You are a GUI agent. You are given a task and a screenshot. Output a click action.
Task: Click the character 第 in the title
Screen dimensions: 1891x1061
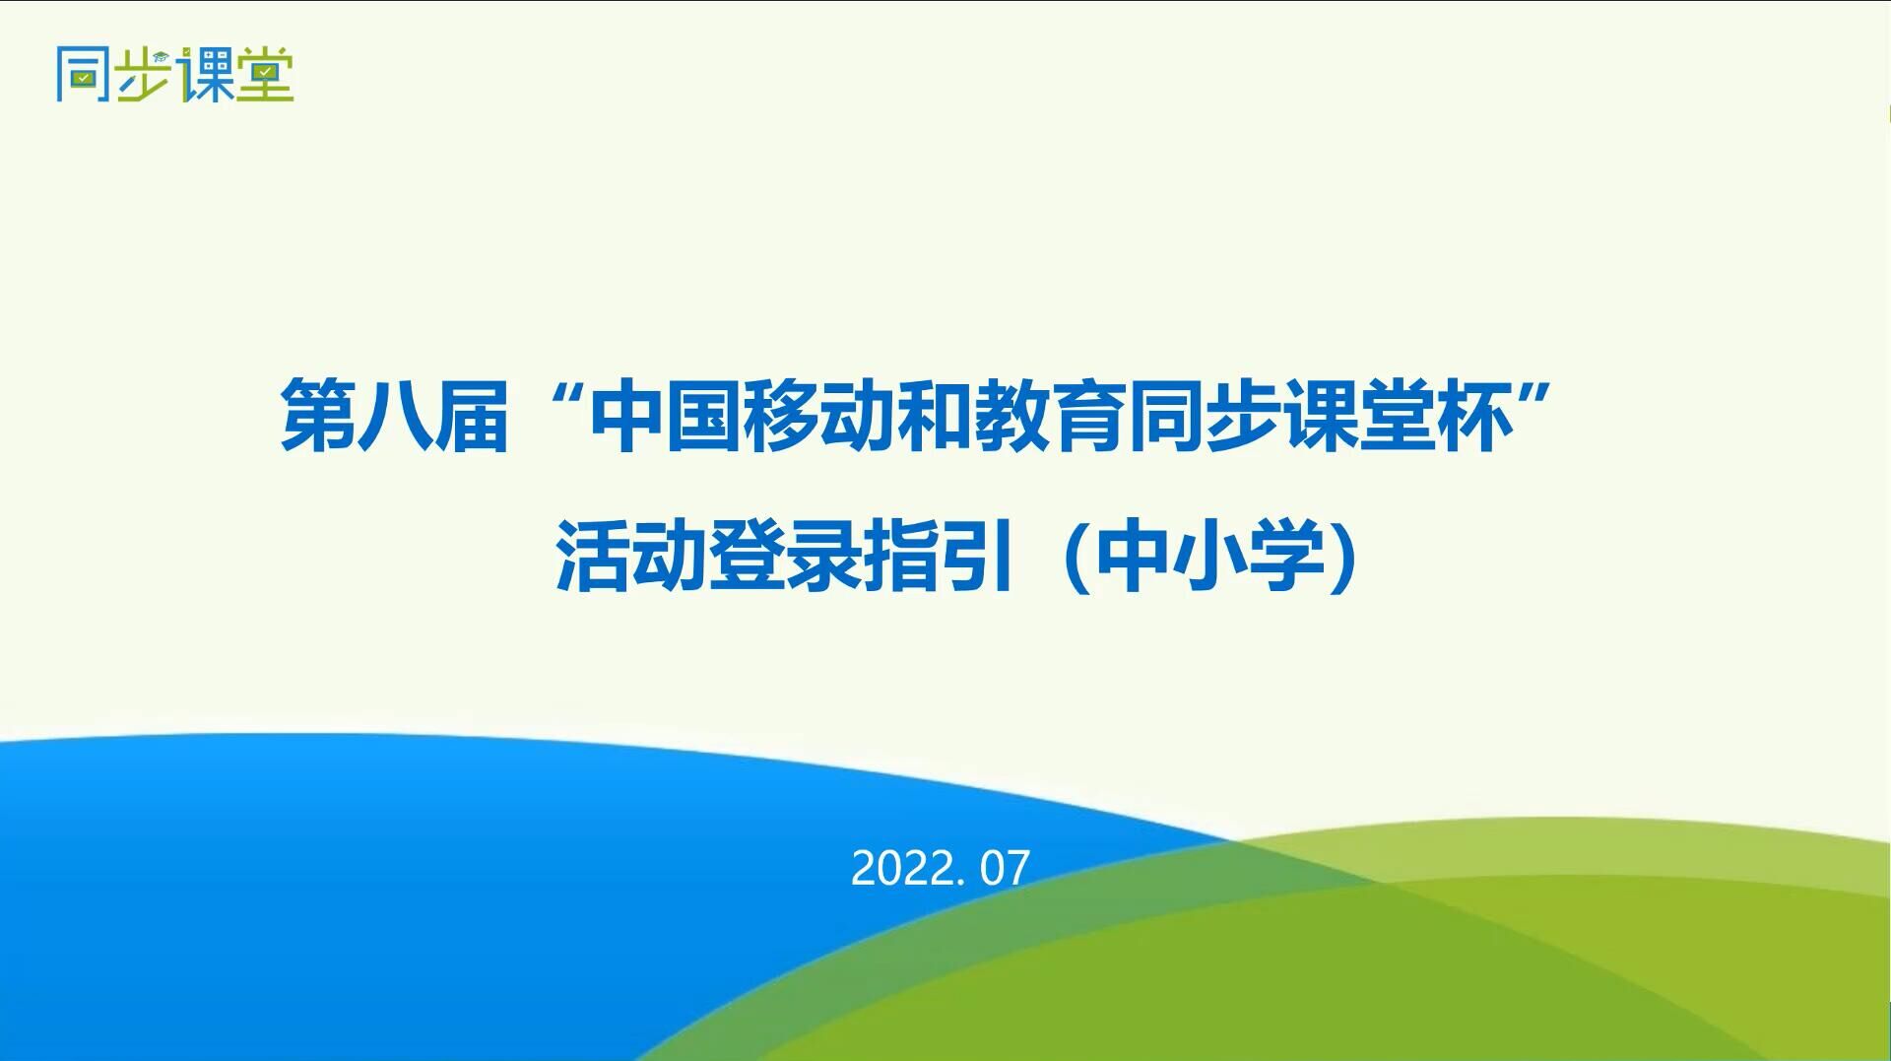pyautogui.click(x=318, y=415)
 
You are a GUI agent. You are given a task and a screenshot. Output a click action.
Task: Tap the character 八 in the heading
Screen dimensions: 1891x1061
pyautogui.click(x=395, y=415)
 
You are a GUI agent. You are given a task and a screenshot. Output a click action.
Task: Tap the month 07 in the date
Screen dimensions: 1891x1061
pyautogui.click(x=1006, y=869)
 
